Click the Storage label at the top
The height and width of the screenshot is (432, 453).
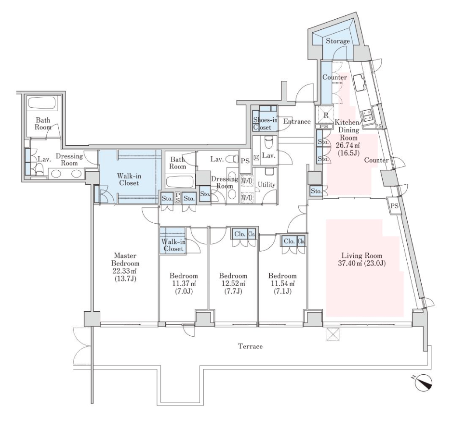point(337,41)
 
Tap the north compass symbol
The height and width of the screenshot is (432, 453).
point(423,382)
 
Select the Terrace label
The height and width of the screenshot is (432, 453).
point(250,346)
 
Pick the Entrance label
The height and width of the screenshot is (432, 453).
point(297,121)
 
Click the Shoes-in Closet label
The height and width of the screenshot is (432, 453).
point(265,124)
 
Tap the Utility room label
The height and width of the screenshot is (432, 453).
point(266,185)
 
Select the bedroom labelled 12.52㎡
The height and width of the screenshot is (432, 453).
point(233,283)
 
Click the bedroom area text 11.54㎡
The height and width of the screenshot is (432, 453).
point(282,283)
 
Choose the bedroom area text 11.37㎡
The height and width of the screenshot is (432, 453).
point(184,283)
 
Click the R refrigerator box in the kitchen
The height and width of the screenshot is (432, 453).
point(326,115)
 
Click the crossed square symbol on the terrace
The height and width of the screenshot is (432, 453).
point(333,334)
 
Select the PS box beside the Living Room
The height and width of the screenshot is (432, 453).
point(394,206)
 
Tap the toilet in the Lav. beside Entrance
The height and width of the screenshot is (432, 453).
point(268,141)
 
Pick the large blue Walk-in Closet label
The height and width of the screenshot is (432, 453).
point(129,179)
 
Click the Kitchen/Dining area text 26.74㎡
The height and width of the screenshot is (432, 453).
point(347,145)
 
